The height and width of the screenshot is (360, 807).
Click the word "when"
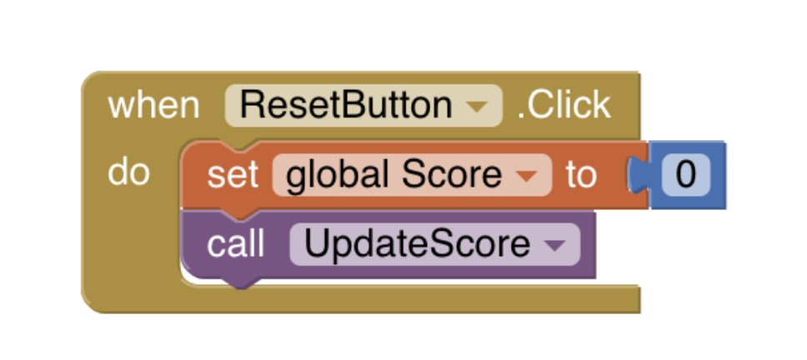point(153,106)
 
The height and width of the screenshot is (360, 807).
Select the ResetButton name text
point(346,106)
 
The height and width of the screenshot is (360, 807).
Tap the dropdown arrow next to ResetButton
point(477,107)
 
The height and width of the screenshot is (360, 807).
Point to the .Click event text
point(564,106)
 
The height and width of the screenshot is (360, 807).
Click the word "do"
point(128,172)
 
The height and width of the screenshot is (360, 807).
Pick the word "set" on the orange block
point(232,175)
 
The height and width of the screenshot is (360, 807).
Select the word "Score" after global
point(452,175)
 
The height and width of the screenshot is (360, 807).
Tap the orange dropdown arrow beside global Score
point(526,177)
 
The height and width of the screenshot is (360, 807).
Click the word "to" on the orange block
point(581,175)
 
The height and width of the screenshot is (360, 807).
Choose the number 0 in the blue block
point(685,175)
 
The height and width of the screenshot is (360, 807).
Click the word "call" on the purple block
point(235,244)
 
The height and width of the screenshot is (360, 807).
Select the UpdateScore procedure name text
point(417,244)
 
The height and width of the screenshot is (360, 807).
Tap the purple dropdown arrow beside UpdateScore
point(554,245)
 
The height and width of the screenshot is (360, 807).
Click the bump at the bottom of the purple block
point(240,283)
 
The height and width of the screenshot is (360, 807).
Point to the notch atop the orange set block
point(240,146)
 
